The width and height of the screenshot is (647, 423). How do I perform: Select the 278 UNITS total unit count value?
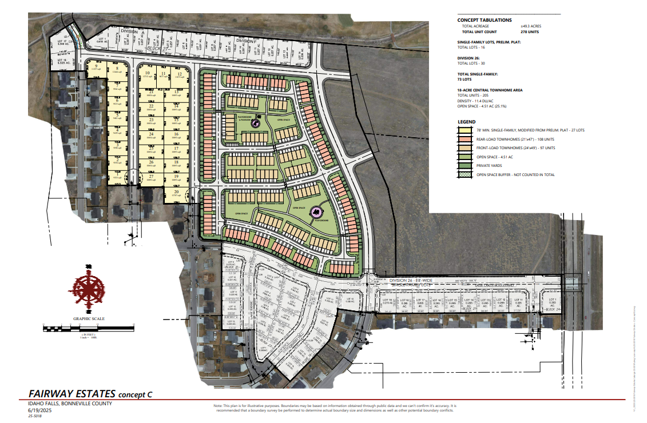(x=530, y=32)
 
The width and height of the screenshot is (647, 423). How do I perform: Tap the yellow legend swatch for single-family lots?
(x=465, y=130)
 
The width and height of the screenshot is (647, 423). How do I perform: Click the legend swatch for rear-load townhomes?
(x=465, y=139)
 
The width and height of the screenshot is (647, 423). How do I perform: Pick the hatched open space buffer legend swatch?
(x=465, y=175)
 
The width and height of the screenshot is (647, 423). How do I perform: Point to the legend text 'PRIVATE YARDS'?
(x=491, y=166)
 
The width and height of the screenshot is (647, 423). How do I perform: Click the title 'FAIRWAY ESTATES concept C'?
(x=90, y=394)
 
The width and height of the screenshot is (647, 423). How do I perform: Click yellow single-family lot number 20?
(x=176, y=192)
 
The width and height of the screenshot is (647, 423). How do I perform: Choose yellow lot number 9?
(x=97, y=67)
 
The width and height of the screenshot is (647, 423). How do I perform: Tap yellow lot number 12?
(x=180, y=74)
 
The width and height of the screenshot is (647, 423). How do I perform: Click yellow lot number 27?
(x=152, y=177)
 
